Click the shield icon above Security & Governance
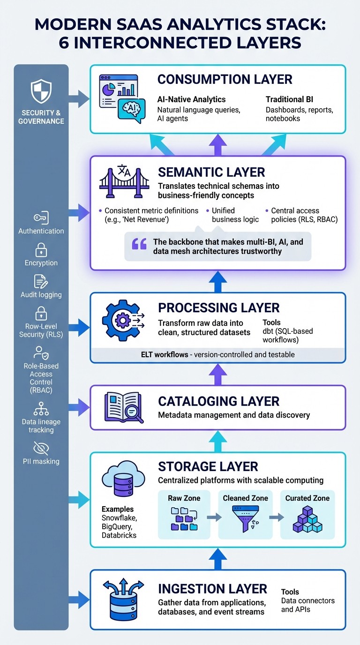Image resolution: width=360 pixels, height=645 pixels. coord(41,91)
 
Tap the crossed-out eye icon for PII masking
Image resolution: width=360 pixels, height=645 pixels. coord(41,449)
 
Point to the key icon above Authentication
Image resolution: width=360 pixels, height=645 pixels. coord(41,218)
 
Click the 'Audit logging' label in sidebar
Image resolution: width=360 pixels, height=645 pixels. coord(41,295)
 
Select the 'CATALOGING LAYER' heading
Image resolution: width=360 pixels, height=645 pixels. coord(218,401)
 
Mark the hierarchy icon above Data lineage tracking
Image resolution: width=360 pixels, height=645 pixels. coord(41,409)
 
